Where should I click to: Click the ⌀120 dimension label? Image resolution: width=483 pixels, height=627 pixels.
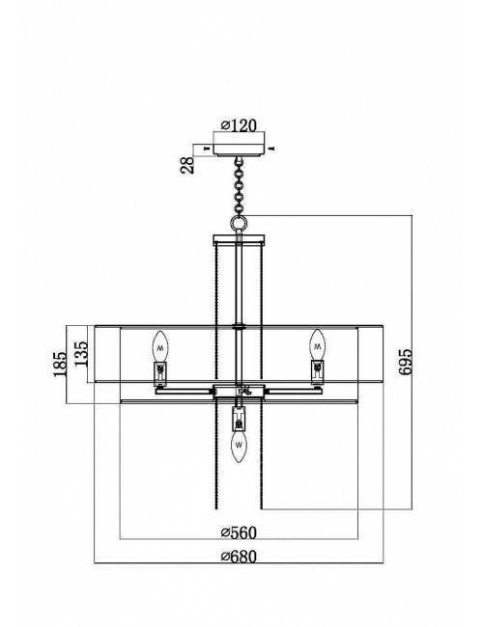[x=239, y=125]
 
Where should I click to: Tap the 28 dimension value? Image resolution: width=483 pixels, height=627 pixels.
[x=187, y=165]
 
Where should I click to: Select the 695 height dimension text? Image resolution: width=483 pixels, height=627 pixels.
[x=405, y=362]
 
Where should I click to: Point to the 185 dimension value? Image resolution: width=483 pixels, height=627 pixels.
[x=60, y=365]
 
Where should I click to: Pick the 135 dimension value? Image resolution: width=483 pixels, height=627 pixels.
[x=80, y=353]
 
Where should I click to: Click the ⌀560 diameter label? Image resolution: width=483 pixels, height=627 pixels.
[x=239, y=532]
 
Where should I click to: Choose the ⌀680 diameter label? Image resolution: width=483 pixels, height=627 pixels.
[x=239, y=557]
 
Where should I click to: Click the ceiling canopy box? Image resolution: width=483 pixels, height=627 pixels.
[x=240, y=144]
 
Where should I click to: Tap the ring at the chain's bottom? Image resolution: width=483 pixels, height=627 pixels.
[x=239, y=222]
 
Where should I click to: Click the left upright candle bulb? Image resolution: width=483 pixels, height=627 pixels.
[x=160, y=346]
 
